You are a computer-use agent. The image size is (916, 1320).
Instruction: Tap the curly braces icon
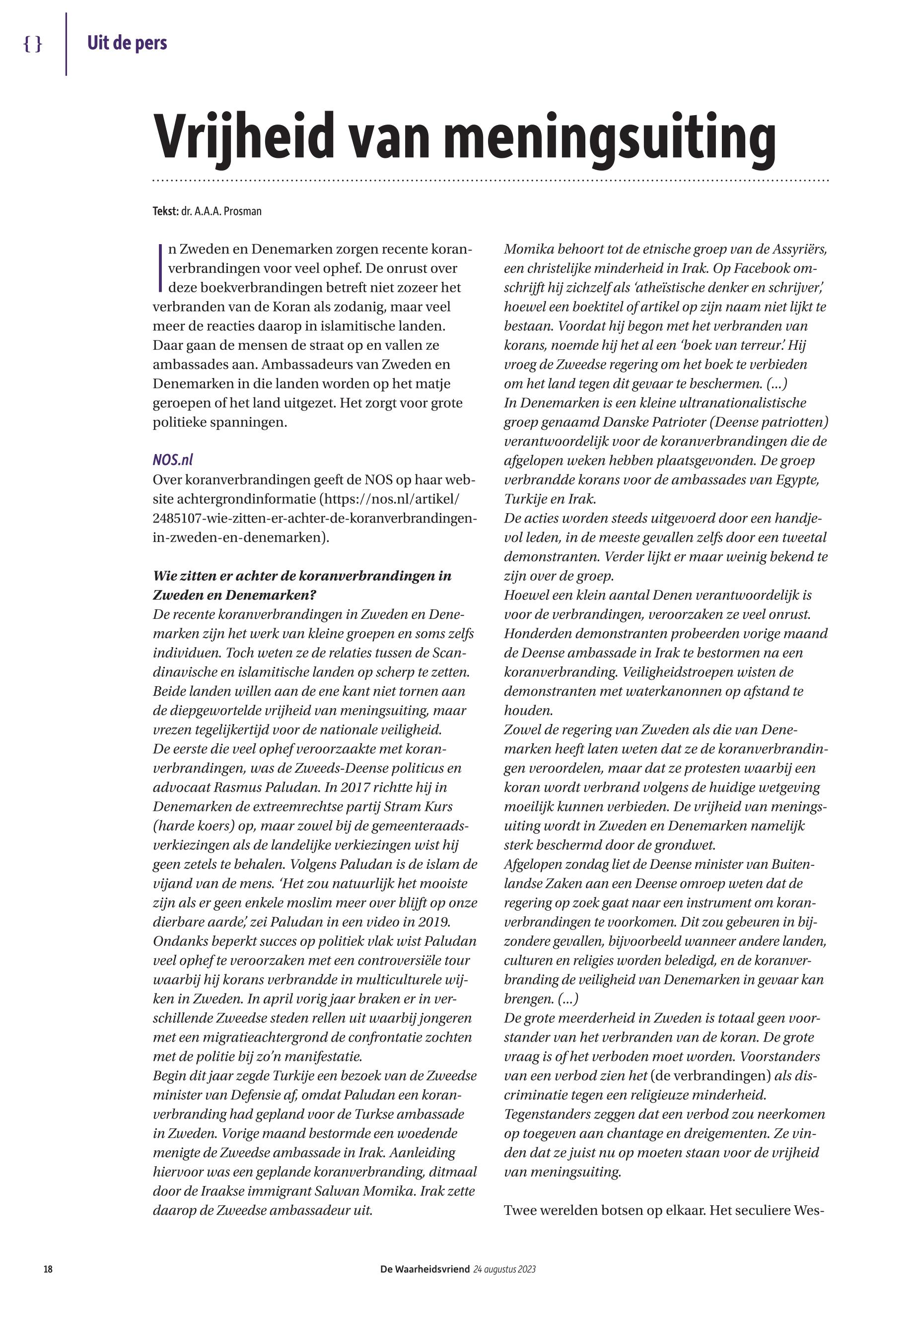[33, 44]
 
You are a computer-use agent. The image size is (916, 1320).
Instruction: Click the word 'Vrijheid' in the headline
[243, 137]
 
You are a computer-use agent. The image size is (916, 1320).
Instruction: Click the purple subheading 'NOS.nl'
[173, 460]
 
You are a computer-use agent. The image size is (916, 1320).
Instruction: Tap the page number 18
[48, 1269]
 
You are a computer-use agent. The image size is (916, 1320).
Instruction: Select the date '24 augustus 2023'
[504, 1269]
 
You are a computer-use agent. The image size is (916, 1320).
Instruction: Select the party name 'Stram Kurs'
[413, 806]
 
